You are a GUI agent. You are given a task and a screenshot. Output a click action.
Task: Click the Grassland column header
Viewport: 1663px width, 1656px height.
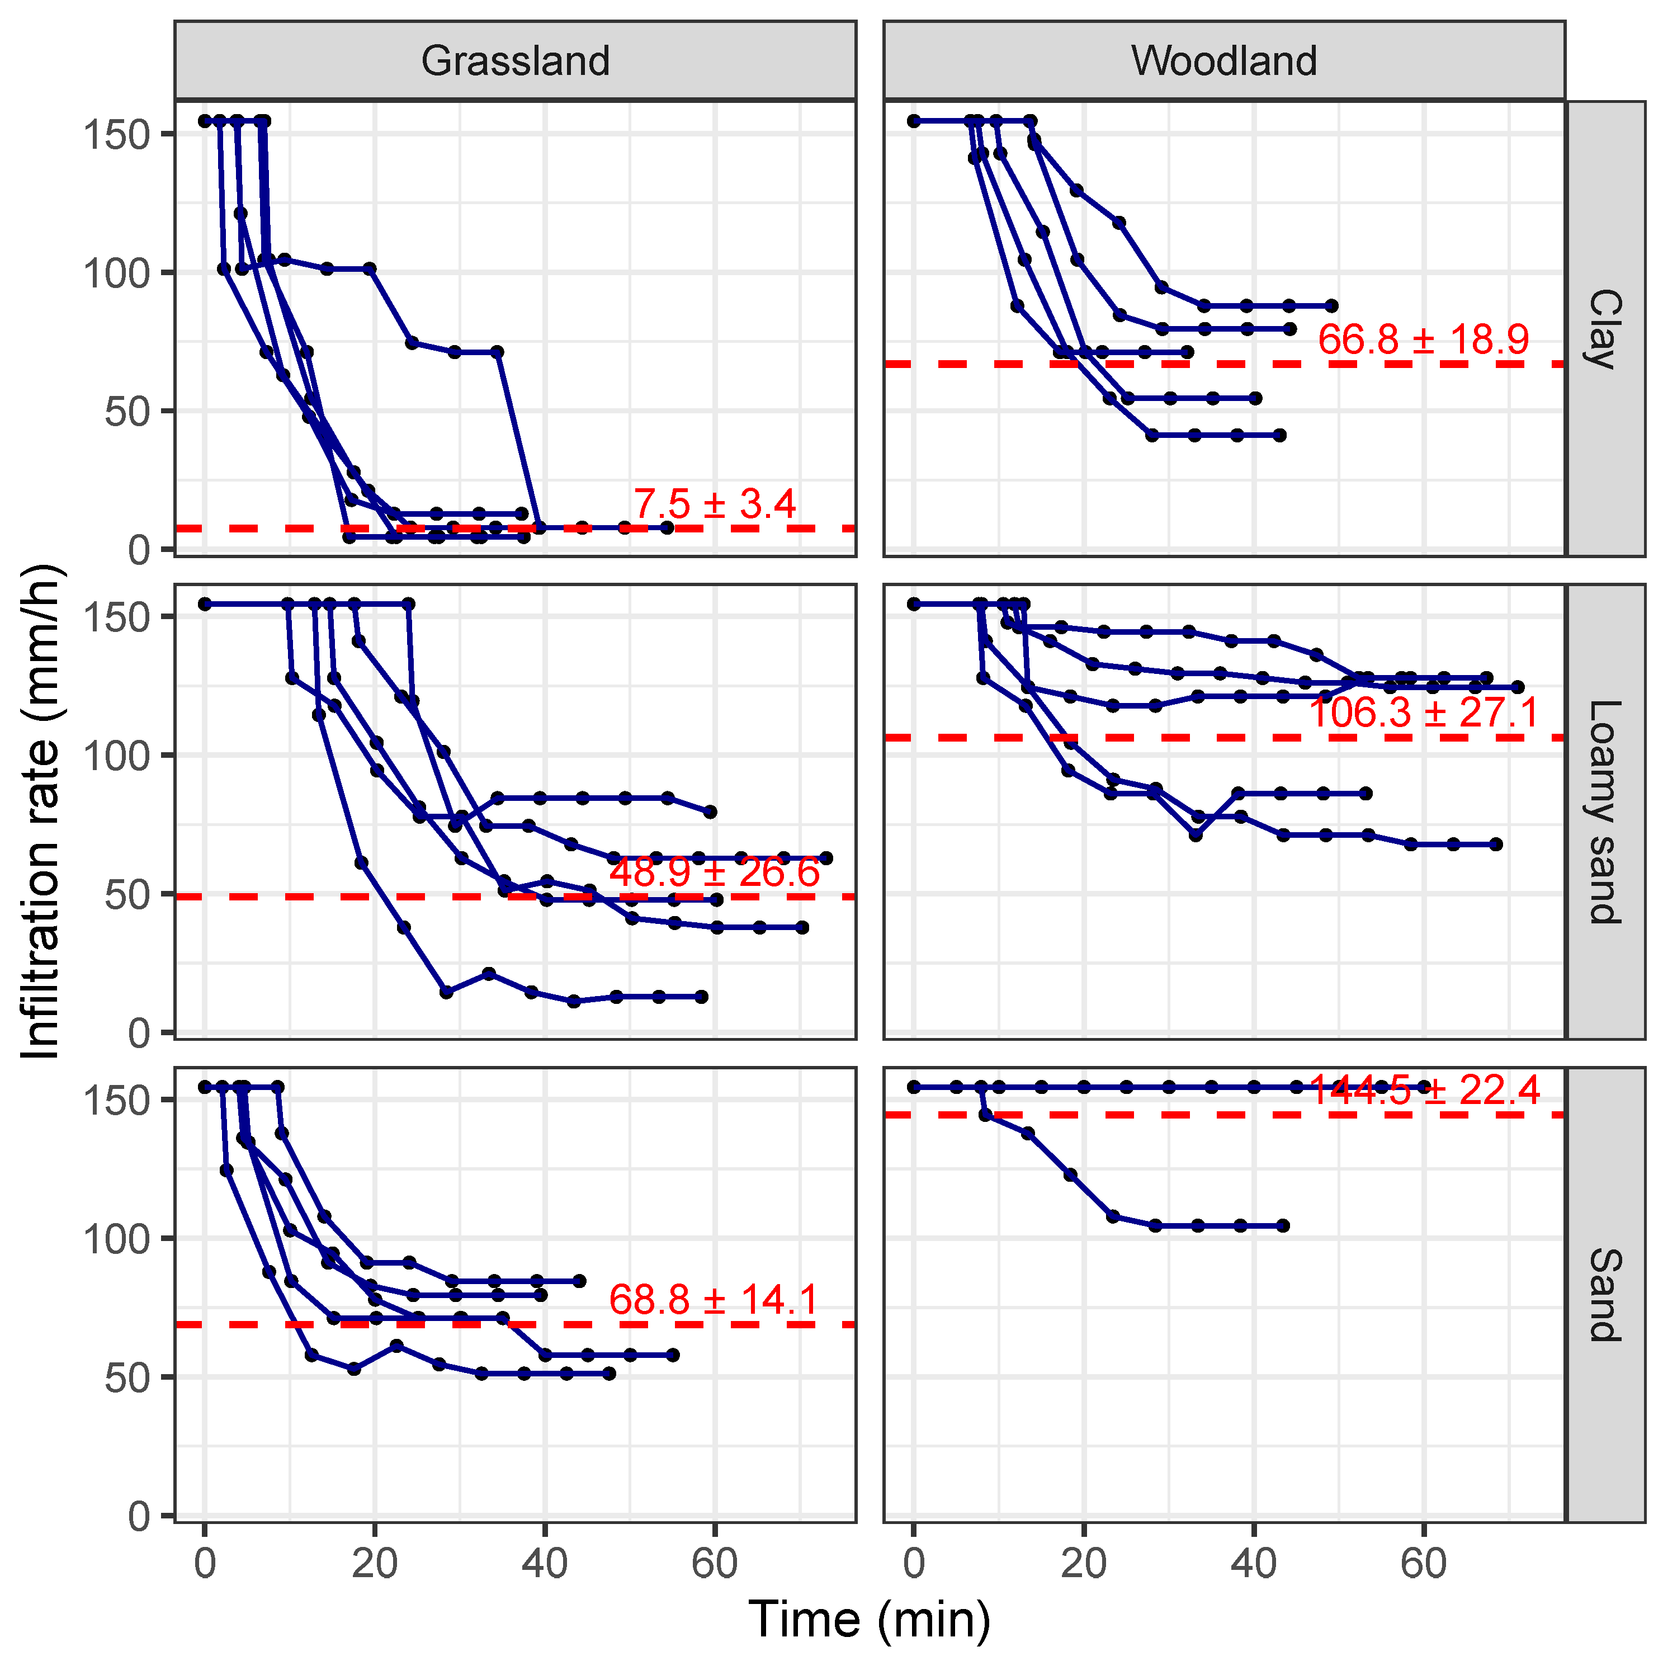515,61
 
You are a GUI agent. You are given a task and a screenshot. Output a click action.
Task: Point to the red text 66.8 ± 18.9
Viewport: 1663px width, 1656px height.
1423,340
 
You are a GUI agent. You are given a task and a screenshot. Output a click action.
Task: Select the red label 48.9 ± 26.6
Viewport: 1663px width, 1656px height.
715,873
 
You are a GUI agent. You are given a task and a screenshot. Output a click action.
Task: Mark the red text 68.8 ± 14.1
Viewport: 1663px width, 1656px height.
715,1300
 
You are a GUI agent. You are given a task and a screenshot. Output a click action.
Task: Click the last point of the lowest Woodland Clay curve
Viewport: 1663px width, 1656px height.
1279,436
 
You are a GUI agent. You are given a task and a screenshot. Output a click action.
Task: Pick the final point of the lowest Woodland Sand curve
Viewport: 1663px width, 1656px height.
1283,1226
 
